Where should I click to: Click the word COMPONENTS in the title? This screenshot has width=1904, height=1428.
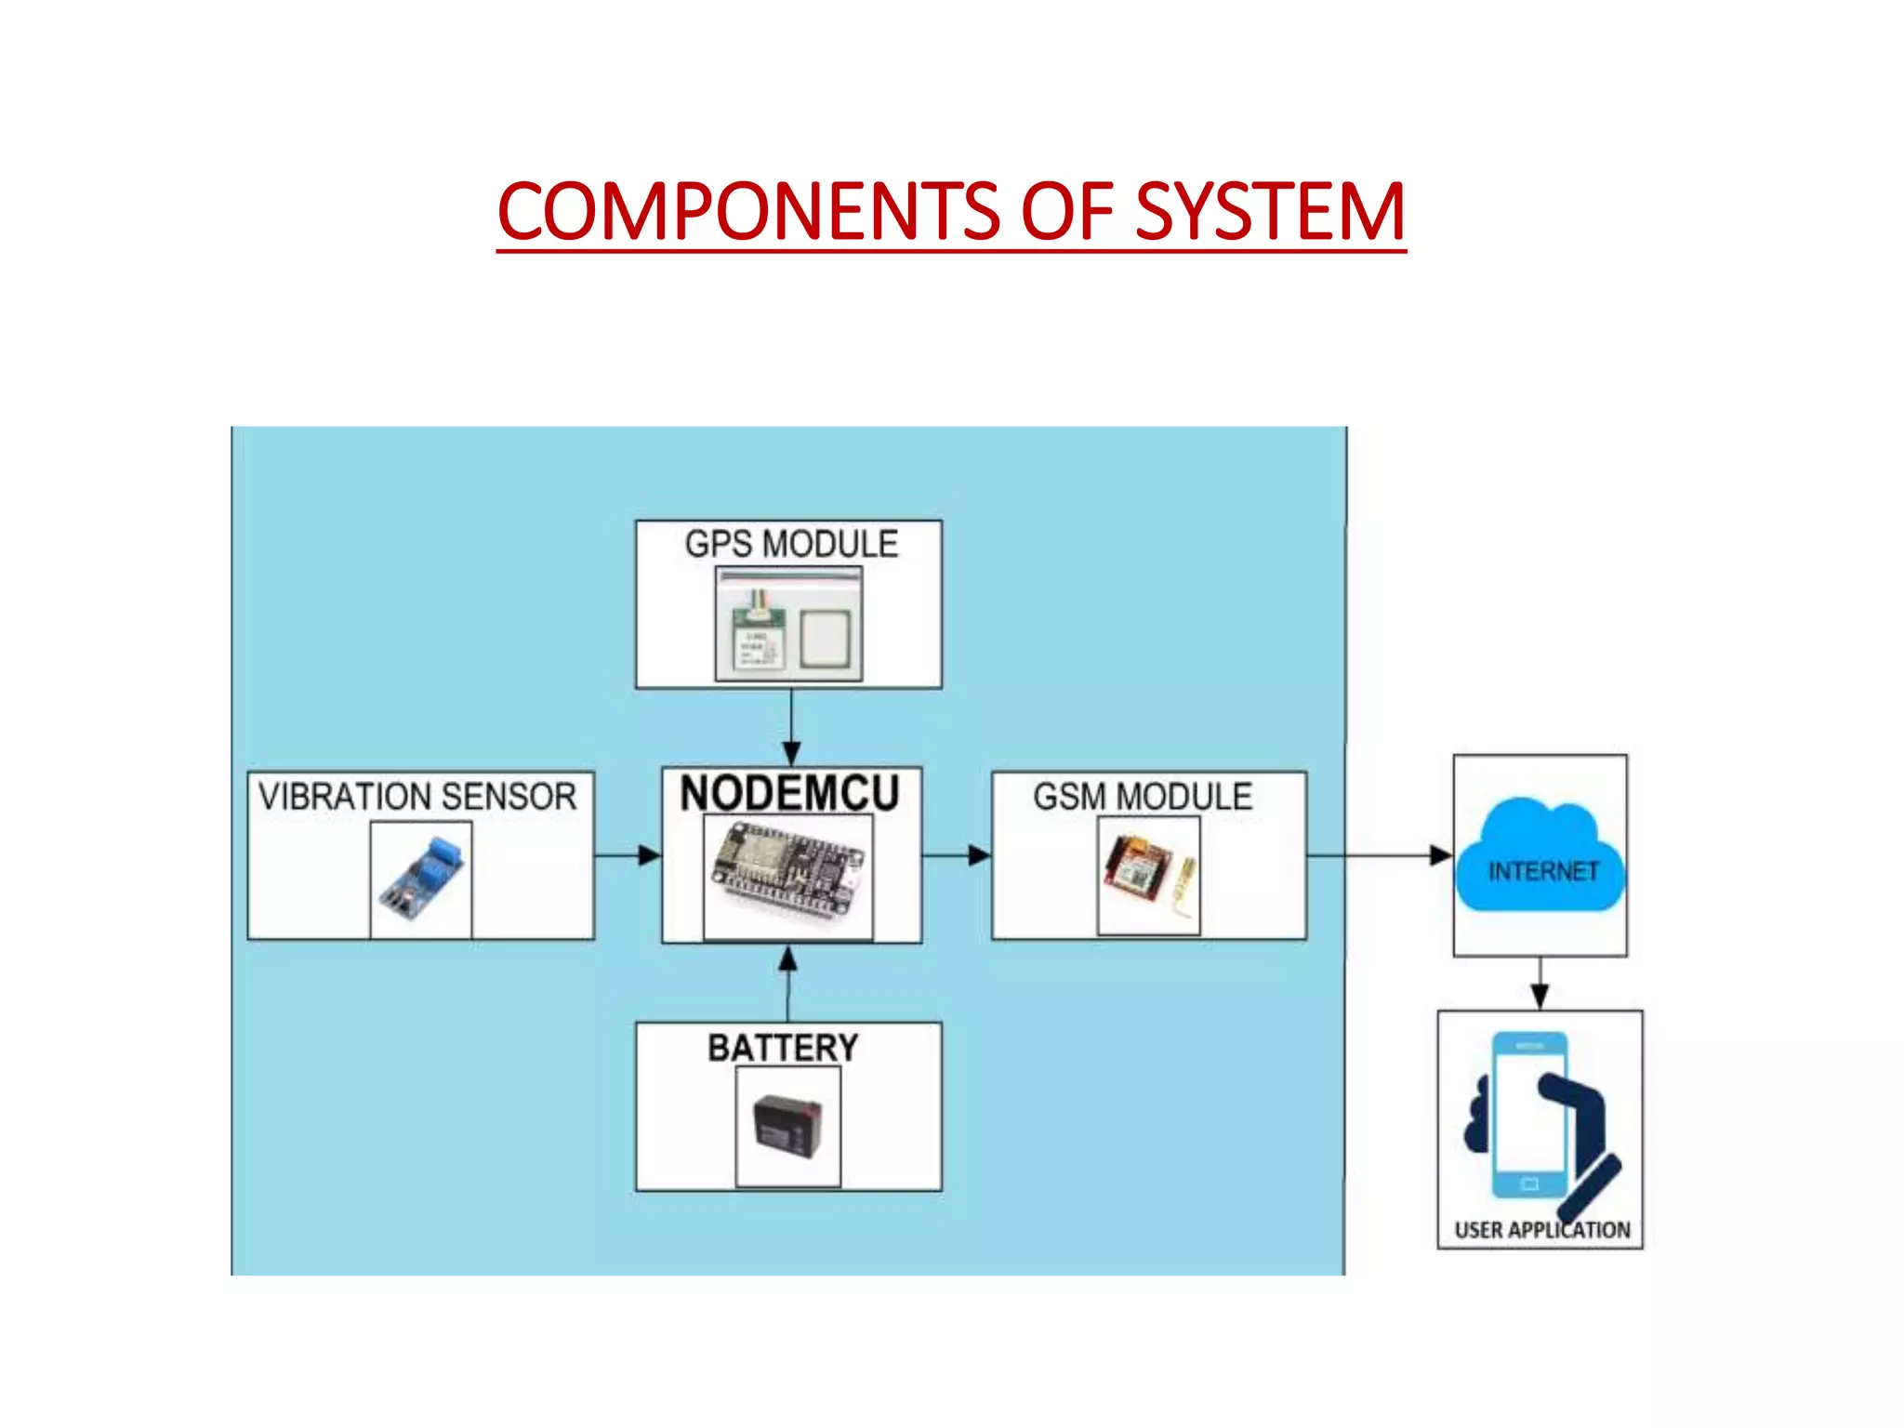click(748, 212)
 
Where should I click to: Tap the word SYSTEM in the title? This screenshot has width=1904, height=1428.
click(1269, 212)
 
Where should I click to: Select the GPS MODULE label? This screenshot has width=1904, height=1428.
click(791, 544)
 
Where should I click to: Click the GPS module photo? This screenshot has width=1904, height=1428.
click(789, 625)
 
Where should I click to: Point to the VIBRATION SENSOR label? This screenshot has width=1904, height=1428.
click(417, 797)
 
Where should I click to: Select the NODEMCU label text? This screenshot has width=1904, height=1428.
click(789, 793)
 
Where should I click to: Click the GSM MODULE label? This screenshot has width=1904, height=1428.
click(1143, 797)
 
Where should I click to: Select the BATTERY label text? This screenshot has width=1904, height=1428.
click(783, 1048)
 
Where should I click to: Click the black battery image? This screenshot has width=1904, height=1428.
click(788, 1125)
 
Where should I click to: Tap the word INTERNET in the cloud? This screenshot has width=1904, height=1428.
click(1543, 871)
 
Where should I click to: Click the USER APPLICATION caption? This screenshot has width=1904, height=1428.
click(1541, 1230)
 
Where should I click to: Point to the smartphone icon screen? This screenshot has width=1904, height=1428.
click(1529, 1116)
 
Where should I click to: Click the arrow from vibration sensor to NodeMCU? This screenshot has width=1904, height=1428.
click(628, 854)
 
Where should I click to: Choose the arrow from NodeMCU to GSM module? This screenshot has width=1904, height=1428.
click(957, 854)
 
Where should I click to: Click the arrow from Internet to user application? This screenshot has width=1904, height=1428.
click(1540, 984)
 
